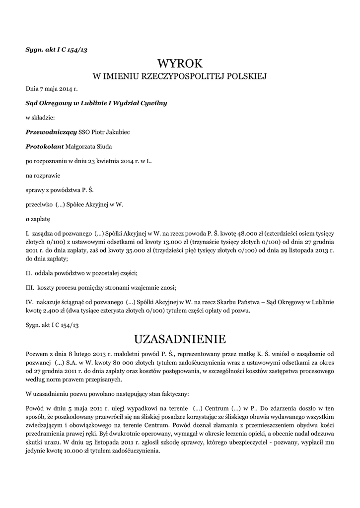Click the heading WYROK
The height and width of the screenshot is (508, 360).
(180, 63)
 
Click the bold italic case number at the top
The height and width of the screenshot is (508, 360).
(56, 49)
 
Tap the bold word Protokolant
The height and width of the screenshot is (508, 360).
(44, 146)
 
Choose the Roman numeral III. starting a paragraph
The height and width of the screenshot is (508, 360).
(30, 288)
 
